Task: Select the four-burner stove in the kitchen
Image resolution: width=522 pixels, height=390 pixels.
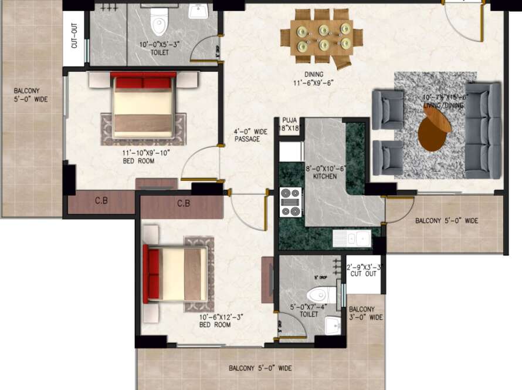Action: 290,201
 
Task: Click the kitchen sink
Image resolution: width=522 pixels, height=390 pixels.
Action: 351,238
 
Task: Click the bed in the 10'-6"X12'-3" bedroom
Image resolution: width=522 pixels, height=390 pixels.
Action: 175,274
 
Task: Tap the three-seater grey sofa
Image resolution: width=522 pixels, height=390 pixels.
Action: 482,130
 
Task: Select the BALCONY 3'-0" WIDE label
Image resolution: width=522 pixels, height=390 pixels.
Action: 365,313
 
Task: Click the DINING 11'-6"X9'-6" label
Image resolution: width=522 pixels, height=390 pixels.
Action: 318,79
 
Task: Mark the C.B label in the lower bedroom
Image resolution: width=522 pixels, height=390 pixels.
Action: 184,204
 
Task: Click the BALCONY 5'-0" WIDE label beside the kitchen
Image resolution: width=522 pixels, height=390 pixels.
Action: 446,221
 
